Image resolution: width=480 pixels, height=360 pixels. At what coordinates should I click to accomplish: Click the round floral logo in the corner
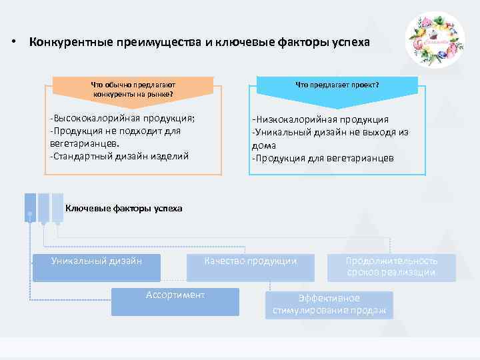point(435,40)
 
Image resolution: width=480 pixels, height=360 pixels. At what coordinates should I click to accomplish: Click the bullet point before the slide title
point(13,43)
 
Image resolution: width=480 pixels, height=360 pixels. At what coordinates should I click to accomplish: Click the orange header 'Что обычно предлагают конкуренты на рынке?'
point(133,89)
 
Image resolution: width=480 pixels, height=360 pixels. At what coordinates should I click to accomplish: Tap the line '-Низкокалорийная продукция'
point(320,119)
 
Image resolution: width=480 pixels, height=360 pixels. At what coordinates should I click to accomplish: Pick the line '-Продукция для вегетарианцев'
point(323,159)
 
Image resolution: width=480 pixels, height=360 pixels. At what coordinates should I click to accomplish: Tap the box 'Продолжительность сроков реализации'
point(391,267)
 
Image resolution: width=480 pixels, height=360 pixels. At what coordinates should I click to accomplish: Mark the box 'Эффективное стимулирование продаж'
point(329,305)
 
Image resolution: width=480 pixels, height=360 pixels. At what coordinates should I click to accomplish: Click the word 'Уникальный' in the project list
point(282,132)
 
